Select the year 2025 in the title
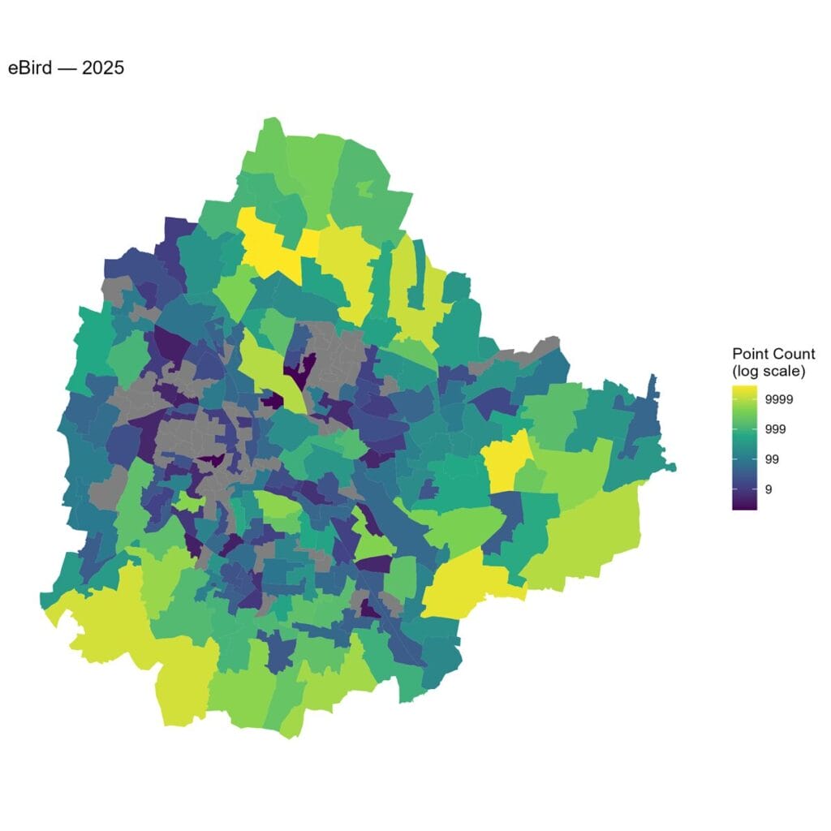click(x=103, y=68)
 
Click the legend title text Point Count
click(x=773, y=355)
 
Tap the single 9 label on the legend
click(x=769, y=489)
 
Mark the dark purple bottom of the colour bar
click(x=744, y=503)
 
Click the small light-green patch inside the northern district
click(x=364, y=189)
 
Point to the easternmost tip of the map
click(x=674, y=467)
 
